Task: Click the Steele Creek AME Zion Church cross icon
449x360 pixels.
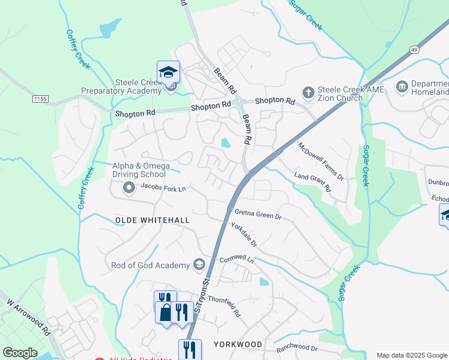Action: [x=309, y=92]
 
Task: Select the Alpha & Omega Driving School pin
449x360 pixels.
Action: [x=128, y=188]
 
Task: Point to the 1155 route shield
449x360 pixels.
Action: [x=40, y=98]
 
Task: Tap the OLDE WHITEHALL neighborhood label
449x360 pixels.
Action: [x=152, y=220]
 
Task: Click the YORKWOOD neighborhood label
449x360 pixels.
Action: [x=238, y=344]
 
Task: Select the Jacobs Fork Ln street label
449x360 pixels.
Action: [x=163, y=187]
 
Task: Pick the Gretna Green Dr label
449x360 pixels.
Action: [x=258, y=213]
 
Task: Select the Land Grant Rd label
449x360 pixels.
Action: [x=313, y=182]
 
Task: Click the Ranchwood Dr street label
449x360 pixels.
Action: [x=297, y=348]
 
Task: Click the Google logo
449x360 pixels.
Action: [x=20, y=353]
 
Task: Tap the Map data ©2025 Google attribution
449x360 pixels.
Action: [x=412, y=355]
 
